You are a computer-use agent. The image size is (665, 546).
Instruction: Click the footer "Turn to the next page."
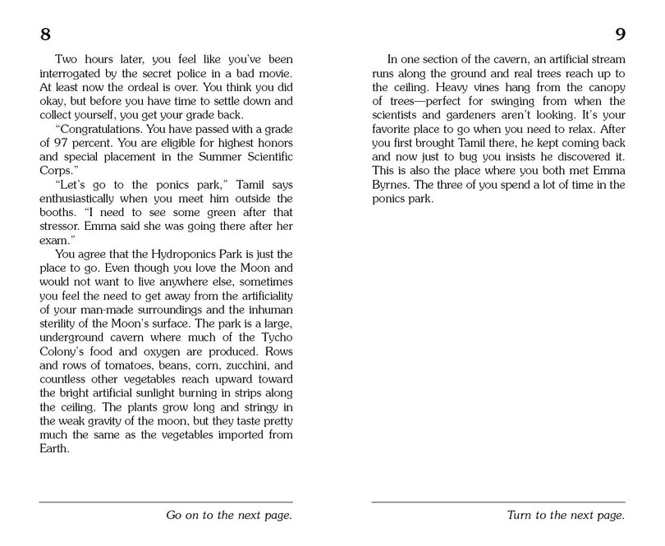tap(565, 516)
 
